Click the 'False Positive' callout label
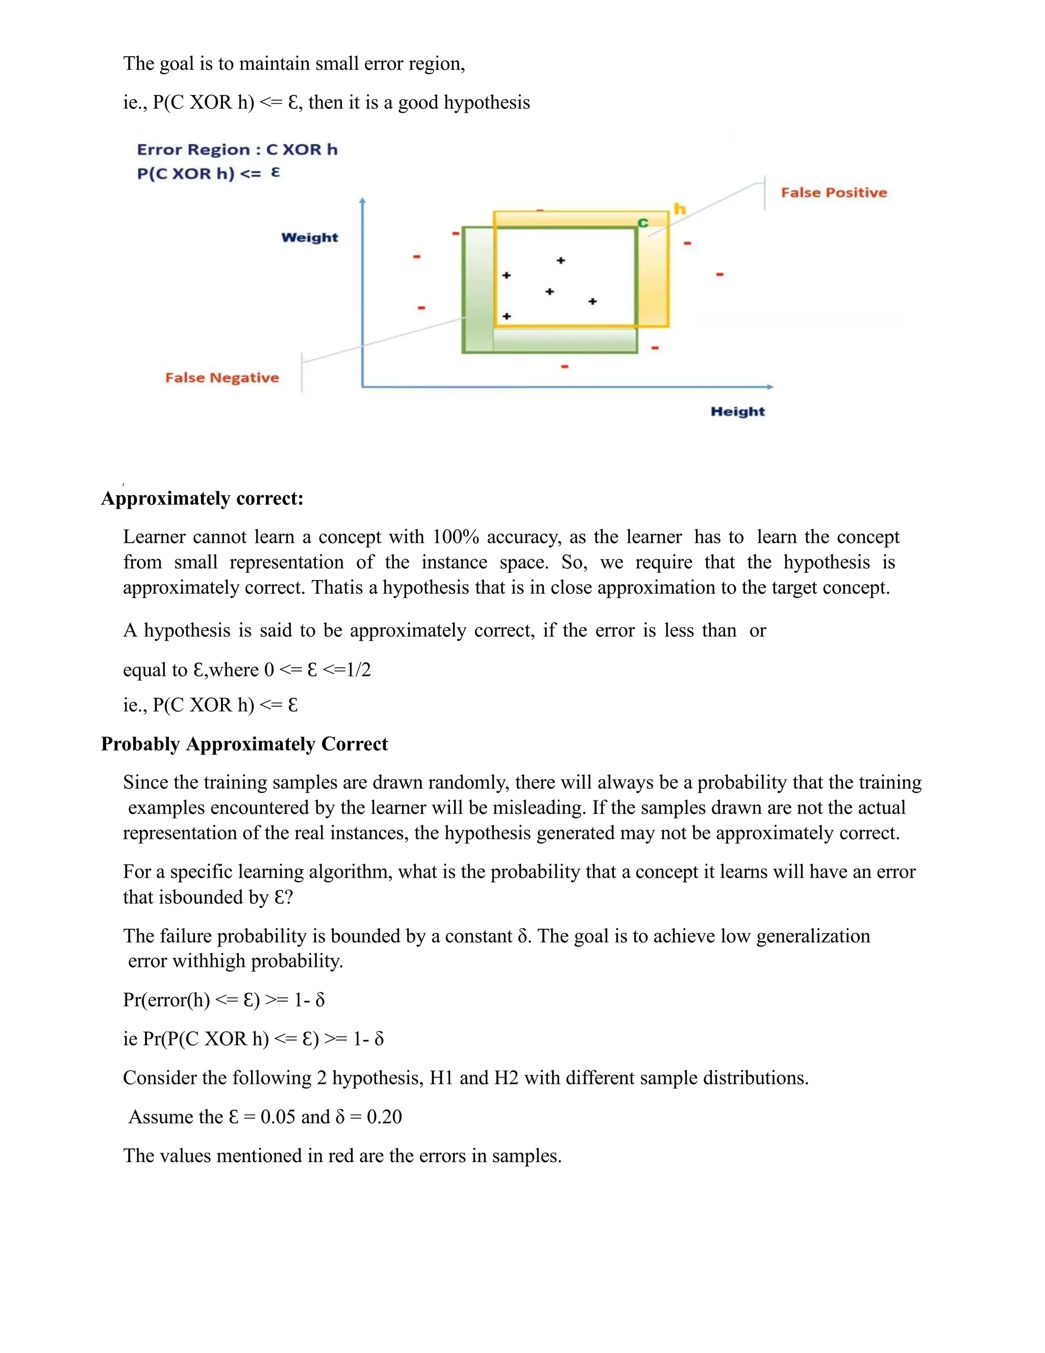click(x=833, y=192)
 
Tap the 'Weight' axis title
click(x=310, y=237)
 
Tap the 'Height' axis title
click(x=737, y=412)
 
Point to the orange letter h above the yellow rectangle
click(x=680, y=209)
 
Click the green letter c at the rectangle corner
click(x=643, y=223)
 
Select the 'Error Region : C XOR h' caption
click(x=237, y=150)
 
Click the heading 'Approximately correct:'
click(x=202, y=499)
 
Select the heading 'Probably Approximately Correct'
click(x=244, y=744)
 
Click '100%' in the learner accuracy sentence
click(x=456, y=537)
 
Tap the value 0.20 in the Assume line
click(x=384, y=1117)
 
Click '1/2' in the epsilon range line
click(x=359, y=670)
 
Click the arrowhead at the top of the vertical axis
click(x=362, y=200)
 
